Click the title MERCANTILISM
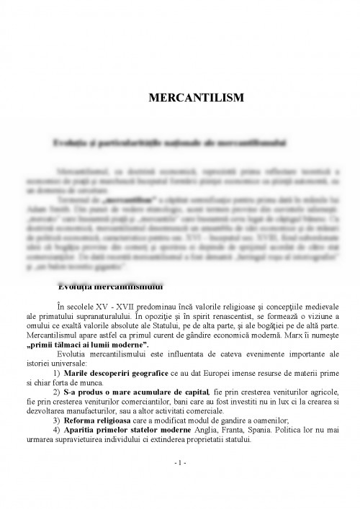point(180,96)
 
